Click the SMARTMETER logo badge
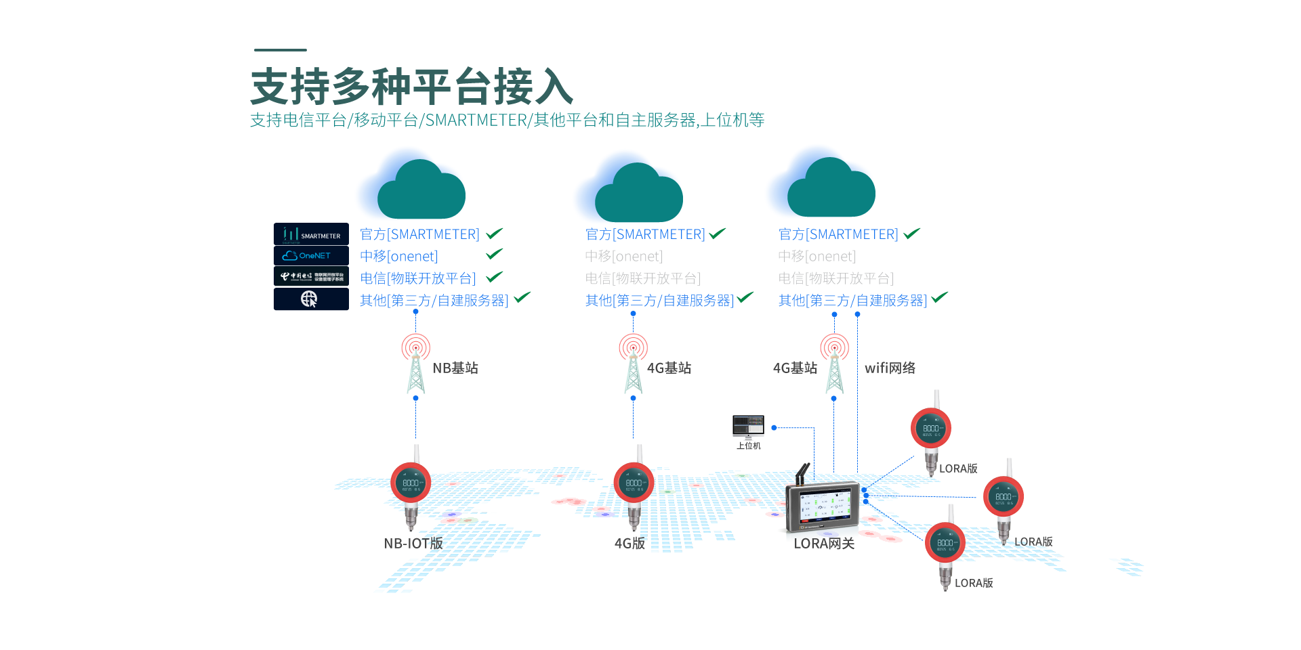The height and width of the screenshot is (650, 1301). (311, 234)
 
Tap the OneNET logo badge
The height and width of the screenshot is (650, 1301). (311, 256)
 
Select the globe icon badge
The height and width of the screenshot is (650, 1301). (311, 299)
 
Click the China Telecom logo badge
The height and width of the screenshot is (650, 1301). (311, 276)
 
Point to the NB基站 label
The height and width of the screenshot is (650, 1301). (455, 368)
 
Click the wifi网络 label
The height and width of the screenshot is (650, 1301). (890, 368)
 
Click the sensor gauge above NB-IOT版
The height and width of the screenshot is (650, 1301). (411, 483)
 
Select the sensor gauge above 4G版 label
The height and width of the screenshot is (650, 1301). (634, 483)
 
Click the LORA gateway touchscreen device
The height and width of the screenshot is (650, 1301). (823, 507)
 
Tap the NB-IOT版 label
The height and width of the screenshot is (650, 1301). (413, 544)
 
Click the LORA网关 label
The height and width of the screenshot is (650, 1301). (824, 544)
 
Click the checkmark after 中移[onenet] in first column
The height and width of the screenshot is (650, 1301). (494, 254)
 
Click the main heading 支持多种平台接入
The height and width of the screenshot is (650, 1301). (412, 87)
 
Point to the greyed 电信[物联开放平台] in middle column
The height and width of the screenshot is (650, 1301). (642, 278)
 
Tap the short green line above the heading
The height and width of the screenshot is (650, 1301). (281, 50)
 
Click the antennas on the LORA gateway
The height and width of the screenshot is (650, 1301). (802, 473)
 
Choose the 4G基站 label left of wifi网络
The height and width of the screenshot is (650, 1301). (795, 368)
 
